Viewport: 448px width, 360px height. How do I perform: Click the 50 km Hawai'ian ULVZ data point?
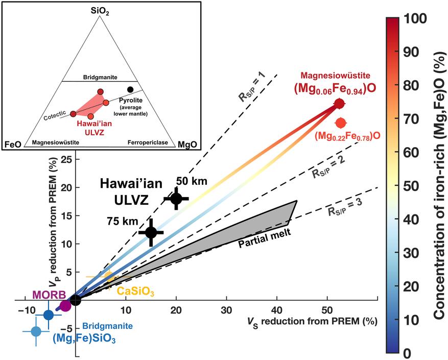point(176,199)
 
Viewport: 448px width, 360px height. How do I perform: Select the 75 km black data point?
point(151,232)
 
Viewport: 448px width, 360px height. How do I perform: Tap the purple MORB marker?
point(65,306)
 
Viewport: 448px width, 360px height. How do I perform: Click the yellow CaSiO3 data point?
point(108,277)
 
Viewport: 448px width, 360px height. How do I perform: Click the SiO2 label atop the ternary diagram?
point(103,11)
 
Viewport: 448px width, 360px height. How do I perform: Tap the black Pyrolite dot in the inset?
point(130,89)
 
